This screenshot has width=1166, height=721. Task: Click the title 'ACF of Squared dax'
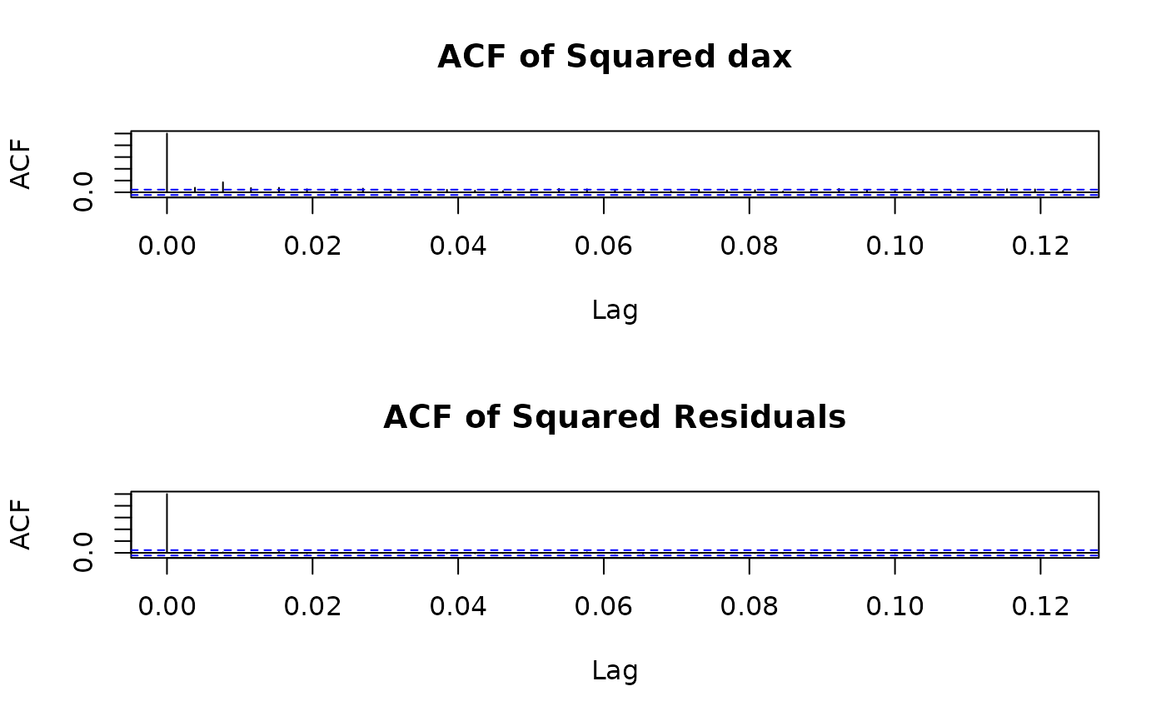(614, 57)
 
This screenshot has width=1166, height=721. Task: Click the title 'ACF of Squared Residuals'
(614, 417)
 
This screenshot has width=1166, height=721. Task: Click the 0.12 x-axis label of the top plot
(1040, 246)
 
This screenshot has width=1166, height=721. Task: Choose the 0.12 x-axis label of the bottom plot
(1040, 607)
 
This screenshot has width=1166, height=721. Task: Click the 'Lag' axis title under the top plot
(615, 311)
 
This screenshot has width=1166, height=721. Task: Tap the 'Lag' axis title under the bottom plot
(615, 671)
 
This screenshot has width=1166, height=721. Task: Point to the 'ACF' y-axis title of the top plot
(22, 164)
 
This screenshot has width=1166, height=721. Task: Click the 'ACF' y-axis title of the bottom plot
(22, 525)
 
